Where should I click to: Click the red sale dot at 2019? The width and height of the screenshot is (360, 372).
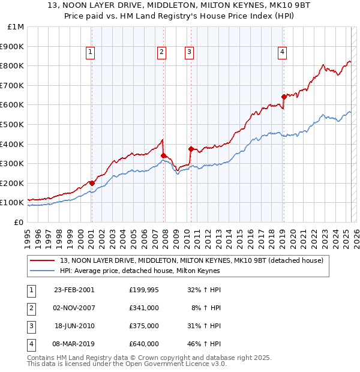(283, 97)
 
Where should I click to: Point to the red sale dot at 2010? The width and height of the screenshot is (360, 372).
(191, 149)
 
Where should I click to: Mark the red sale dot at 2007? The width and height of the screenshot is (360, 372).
(163, 155)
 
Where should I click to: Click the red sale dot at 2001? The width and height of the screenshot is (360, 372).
(92, 183)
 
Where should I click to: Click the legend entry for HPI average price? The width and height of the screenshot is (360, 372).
(140, 271)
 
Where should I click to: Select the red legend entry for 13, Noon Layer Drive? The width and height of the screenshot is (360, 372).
(191, 260)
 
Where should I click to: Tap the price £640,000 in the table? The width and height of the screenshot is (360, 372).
(144, 344)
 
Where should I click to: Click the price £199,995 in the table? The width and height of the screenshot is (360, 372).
(144, 290)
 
